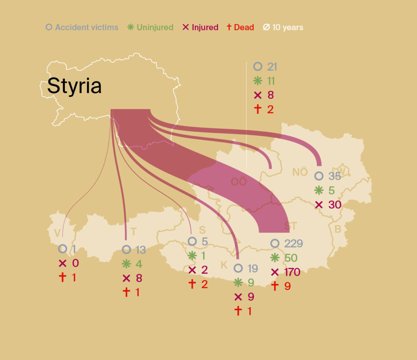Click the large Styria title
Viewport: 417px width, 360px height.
pos(74,86)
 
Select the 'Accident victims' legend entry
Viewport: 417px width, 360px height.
pos(86,28)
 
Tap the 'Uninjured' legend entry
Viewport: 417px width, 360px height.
pos(155,28)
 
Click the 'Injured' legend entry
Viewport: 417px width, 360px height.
pos(205,28)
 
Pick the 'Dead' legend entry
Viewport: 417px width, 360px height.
pos(244,28)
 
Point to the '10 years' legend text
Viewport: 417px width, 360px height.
pos(288,28)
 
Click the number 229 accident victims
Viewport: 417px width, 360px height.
pos(293,244)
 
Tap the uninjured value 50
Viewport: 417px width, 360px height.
pos(291,258)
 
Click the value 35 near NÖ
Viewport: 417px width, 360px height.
pos(335,176)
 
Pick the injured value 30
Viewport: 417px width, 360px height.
pos(335,205)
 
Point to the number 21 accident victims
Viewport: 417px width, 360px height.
pos(272,67)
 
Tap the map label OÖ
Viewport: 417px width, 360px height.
pos(239,182)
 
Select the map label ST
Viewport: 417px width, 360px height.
pos(291,226)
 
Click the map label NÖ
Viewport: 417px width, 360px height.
pos(300,172)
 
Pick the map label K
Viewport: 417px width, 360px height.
pos(224,265)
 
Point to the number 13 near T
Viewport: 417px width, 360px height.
pos(140,250)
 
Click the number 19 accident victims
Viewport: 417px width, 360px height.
pos(252,268)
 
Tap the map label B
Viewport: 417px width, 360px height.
pos(338,229)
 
